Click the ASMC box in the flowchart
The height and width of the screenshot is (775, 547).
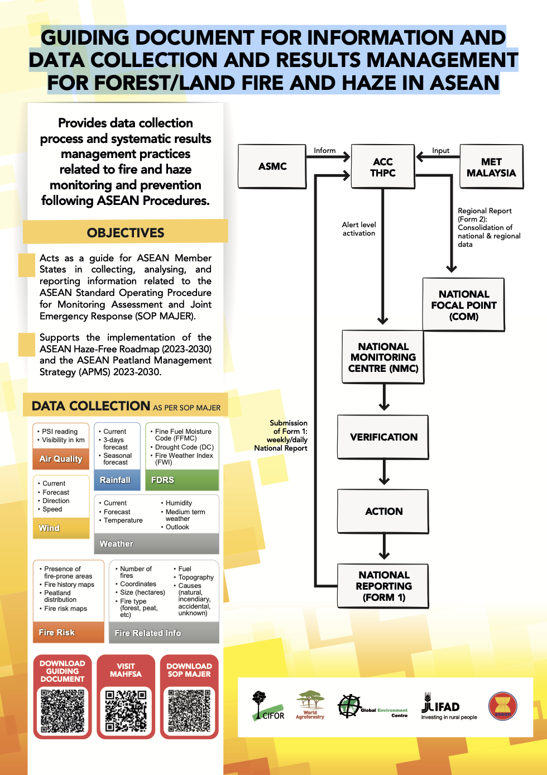272,166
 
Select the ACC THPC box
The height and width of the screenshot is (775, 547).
383,166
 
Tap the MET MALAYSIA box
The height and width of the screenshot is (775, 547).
491,166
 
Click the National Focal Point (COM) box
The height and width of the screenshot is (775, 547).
463,304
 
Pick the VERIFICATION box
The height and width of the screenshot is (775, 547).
383,437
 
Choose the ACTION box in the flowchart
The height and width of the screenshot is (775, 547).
383,511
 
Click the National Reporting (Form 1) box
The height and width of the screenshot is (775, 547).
383,586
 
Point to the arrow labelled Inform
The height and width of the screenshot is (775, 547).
328,157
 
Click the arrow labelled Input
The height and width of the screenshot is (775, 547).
438,157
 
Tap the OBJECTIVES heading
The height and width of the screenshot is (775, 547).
125,233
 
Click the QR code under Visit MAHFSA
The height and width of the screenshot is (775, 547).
126,711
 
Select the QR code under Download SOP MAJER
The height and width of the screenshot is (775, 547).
189,711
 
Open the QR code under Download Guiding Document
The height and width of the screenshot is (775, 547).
63,711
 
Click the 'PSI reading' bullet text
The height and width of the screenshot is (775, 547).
60,432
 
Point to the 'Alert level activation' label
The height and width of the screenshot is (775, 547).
358,229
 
